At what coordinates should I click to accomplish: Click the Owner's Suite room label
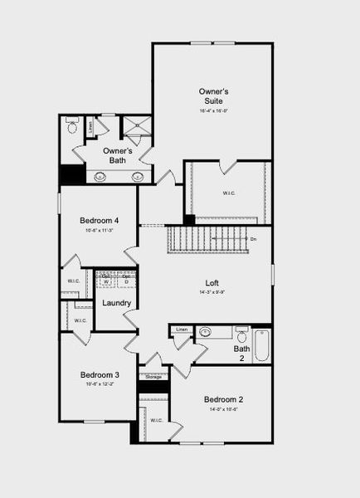pos(212,95)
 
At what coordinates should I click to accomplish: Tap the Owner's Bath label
pos(118,155)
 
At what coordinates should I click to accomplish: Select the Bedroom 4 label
pos(99,220)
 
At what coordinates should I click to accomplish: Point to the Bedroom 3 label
pos(100,375)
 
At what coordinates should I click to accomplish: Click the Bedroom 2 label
pos(223,399)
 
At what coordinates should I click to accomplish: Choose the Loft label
pos(212,282)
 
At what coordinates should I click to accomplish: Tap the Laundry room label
pos(116,303)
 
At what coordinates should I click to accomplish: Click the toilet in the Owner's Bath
pos(71,127)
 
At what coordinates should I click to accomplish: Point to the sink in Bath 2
pos(204,333)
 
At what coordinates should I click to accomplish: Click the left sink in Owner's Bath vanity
pos(100,176)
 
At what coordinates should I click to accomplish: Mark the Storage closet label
pos(153,377)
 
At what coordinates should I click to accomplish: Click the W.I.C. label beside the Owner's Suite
pos(229,193)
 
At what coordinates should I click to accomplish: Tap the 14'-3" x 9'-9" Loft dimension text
pos(212,292)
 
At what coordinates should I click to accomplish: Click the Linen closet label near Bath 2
pos(182,330)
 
